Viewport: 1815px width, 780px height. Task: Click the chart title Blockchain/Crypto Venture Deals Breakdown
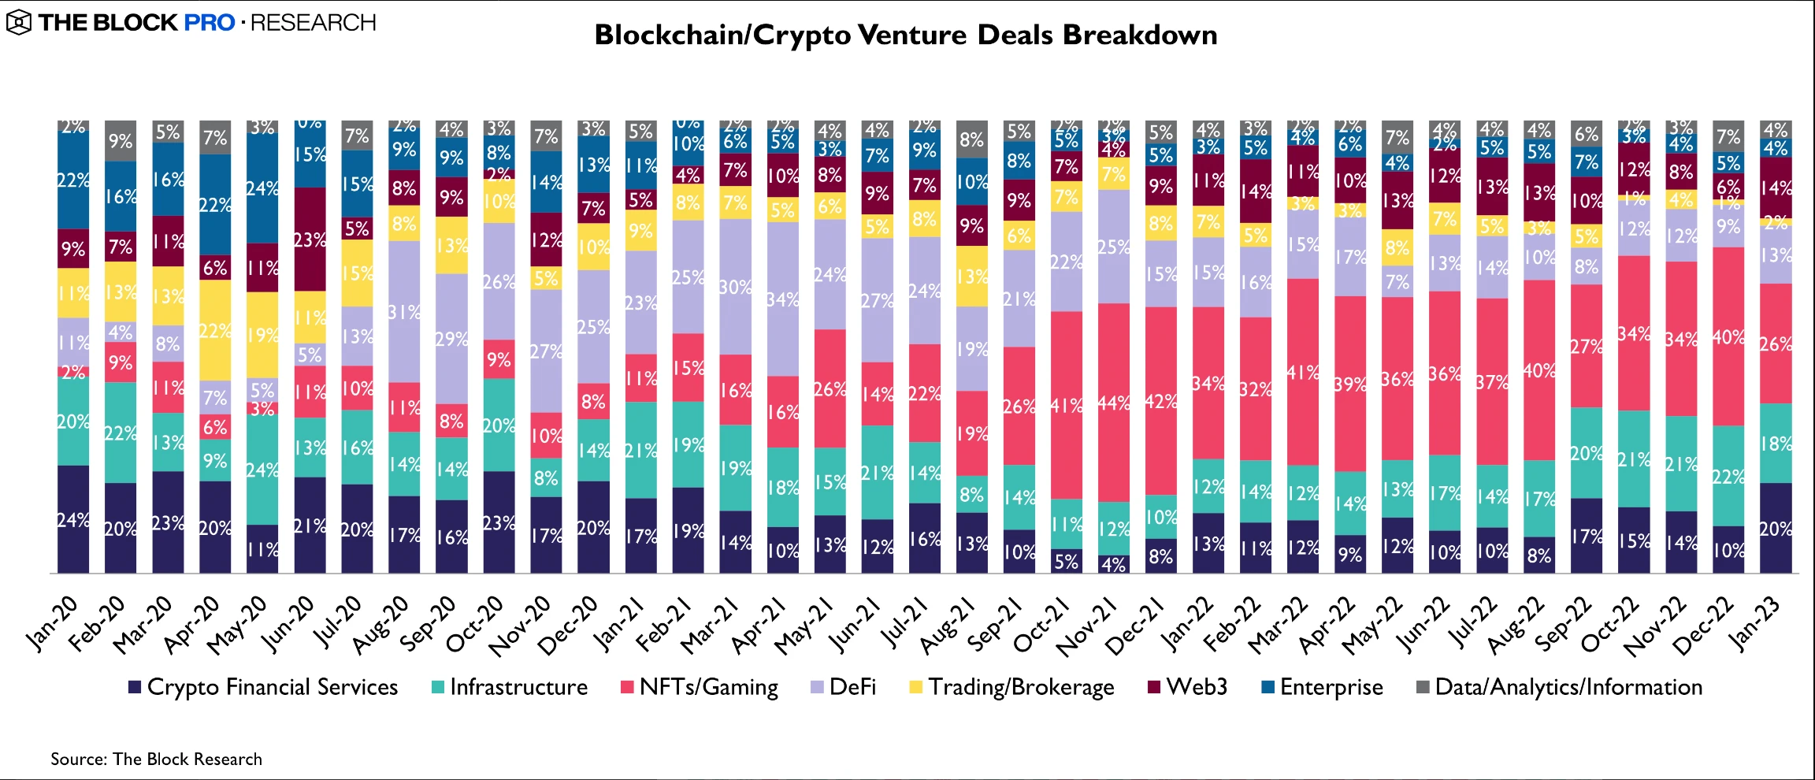coord(906,35)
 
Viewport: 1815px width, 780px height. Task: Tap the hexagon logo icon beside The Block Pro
coord(18,23)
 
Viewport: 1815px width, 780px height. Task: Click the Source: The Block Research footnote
coord(156,759)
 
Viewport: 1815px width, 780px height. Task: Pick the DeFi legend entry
coord(844,687)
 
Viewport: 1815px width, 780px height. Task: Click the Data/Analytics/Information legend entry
coord(1560,687)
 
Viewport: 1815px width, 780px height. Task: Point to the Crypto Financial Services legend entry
coord(263,687)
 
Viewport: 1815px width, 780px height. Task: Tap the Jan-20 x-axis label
coord(54,622)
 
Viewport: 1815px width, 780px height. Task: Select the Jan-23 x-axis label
coord(1755,622)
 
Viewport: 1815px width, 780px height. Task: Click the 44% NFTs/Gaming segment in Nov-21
coord(1113,403)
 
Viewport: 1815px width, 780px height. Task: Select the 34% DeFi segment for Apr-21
coord(782,299)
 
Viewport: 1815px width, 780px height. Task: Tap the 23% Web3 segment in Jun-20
coord(310,240)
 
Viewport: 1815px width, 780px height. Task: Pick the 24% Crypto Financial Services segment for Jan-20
coord(73,519)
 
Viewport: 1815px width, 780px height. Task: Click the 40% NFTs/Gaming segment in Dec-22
coord(1728,337)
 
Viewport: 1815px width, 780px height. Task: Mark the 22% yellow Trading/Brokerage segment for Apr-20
coord(215,330)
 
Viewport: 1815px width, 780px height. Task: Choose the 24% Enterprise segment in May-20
coord(262,188)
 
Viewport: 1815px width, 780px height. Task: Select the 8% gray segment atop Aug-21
coord(971,139)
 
